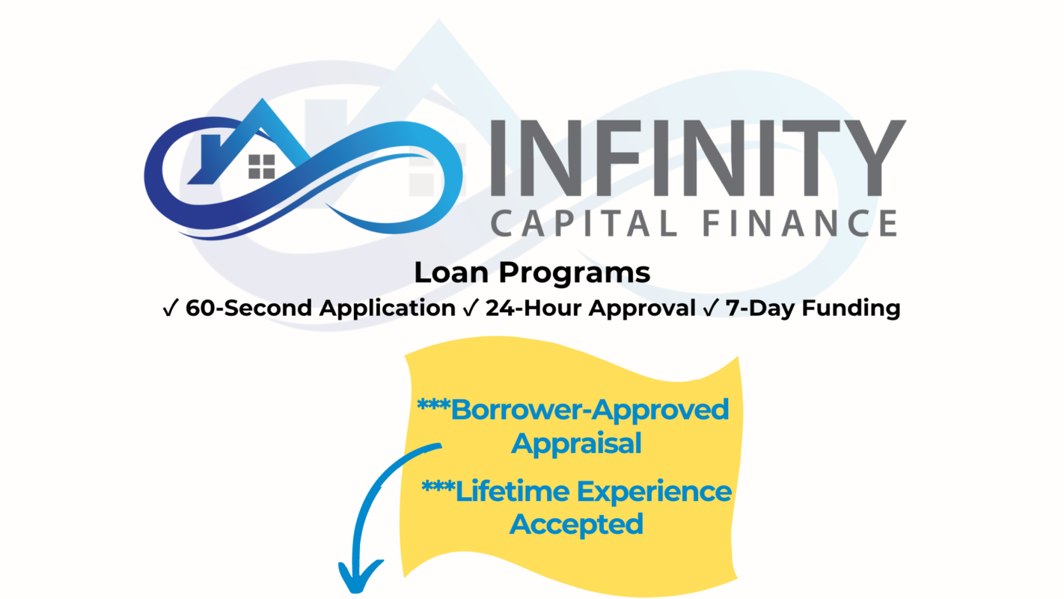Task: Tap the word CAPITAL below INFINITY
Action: coord(582,222)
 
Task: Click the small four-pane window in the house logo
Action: coord(262,166)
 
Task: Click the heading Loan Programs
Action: coord(532,273)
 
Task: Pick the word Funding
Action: coord(851,308)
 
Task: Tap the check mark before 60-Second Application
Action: coord(169,308)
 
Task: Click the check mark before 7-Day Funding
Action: coord(709,308)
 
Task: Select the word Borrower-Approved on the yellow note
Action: coord(590,410)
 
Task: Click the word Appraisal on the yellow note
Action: coord(576,443)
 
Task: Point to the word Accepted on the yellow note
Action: coord(576,524)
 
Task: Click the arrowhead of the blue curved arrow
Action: coord(361,577)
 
